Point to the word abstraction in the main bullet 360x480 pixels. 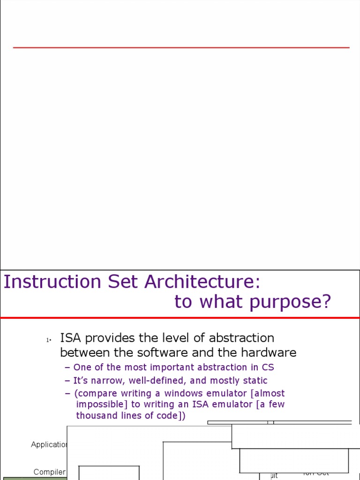click(241, 338)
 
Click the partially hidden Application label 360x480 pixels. click(49, 444)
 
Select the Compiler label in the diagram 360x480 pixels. click(50, 472)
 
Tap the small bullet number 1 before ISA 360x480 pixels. click(47, 340)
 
